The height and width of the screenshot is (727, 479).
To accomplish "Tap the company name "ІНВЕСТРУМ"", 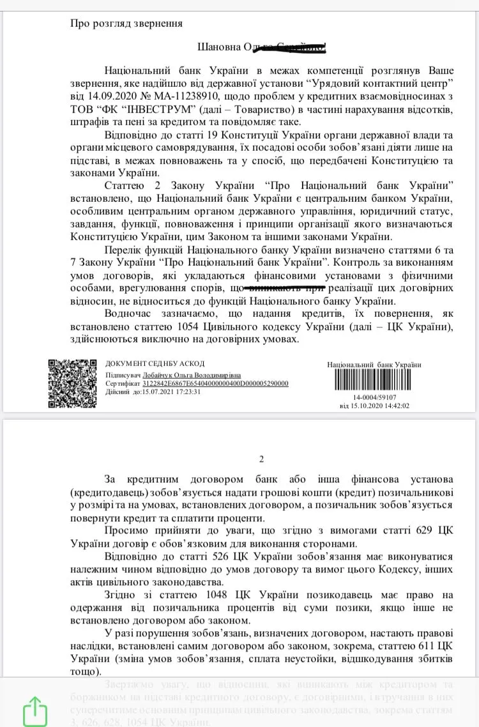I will [x=141, y=110].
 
